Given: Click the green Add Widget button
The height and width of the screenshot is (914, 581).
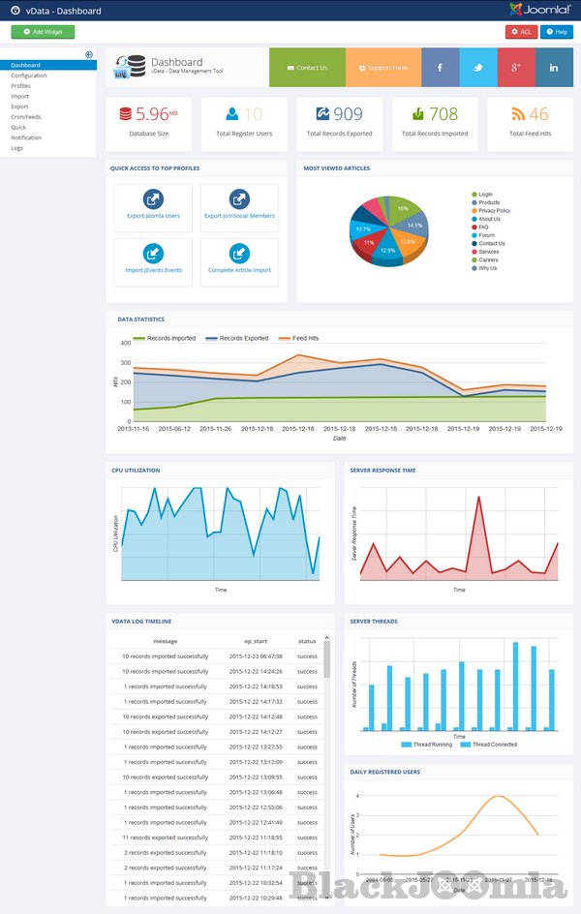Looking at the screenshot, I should [43, 32].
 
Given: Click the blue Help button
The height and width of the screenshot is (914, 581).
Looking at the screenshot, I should [557, 32].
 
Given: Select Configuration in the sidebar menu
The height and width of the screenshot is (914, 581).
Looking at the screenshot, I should [29, 76].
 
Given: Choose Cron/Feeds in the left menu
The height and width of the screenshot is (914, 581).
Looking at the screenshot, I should [26, 117].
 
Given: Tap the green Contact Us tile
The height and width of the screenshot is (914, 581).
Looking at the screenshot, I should [307, 68].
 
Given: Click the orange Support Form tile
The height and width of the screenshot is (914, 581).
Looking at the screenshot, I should [383, 68].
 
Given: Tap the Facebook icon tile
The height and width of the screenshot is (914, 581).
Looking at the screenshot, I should [441, 68].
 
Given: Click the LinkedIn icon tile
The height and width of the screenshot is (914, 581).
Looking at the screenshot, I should [554, 68].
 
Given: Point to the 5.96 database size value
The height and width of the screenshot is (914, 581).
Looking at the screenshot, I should [149, 114].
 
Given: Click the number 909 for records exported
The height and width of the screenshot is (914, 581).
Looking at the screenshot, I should [348, 114].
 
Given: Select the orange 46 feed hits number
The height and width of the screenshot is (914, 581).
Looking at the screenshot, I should [538, 114].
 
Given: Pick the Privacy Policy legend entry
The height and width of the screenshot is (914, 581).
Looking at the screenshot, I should [494, 210].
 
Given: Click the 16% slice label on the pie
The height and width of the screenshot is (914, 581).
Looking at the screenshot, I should [402, 208].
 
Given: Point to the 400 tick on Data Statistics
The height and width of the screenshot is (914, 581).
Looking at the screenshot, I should [125, 343].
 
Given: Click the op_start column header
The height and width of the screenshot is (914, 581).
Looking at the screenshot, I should [256, 641].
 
